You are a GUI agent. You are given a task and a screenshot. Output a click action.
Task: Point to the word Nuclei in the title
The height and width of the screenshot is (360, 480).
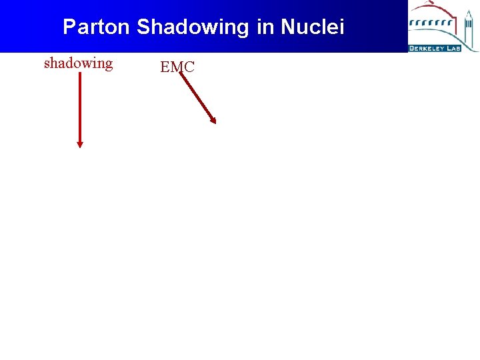313,27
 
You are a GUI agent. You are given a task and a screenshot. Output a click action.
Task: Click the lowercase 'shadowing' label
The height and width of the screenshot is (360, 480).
79,63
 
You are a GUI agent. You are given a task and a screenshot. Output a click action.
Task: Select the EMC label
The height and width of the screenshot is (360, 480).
177,67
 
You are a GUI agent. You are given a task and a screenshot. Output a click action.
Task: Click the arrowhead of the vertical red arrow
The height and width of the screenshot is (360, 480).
80,143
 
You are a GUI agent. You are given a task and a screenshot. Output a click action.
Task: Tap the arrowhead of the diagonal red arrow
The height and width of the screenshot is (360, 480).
213,120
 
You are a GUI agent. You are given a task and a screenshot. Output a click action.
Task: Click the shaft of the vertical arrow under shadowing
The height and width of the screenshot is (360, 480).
80,107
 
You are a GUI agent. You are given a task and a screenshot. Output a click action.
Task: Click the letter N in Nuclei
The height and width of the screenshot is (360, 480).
287,27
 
